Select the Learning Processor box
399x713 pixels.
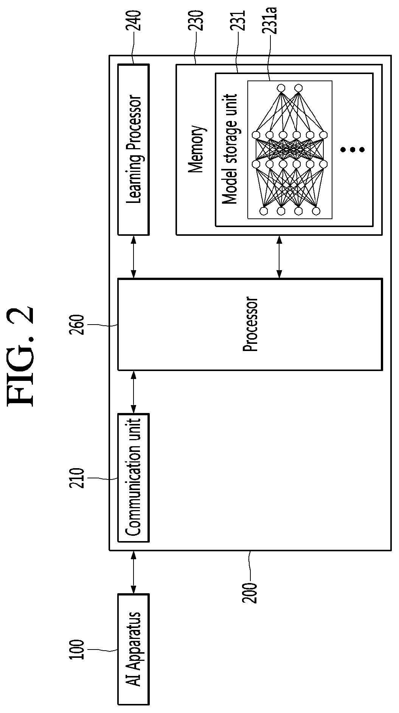click(x=134, y=149)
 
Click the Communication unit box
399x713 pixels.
click(x=134, y=478)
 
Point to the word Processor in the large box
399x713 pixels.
click(x=250, y=324)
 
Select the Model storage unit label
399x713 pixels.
click(x=229, y=149)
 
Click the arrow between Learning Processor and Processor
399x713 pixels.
click(x=134, y=257)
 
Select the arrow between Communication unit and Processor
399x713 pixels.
click(x=134, y=391)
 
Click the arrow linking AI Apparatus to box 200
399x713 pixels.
click(x=134, y=572)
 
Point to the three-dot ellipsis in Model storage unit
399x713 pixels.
click(x=352, y=150)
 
